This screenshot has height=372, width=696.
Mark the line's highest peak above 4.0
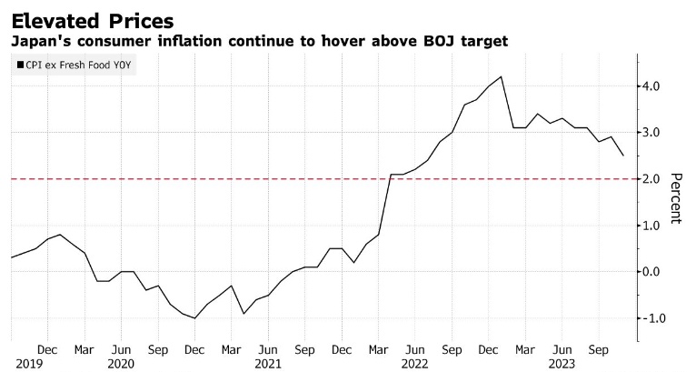502,76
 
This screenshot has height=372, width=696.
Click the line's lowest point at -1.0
194,318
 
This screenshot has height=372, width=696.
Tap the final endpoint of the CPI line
622,156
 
